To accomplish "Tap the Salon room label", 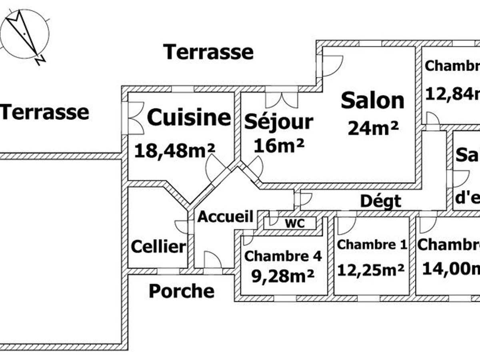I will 372,101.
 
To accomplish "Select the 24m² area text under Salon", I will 373,128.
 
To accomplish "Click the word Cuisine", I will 189,118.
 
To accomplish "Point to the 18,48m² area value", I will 175,150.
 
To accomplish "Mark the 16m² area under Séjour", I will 279,145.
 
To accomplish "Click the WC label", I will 294,223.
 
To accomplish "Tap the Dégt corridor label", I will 380,201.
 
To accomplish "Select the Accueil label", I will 226,217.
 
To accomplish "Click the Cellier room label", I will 159,246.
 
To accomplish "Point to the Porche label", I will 181,291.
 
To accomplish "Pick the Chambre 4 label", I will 283,256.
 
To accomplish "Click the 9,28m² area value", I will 283,276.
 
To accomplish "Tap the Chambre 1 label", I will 372,244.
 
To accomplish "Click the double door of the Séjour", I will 282,100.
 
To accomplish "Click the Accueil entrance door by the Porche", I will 212,260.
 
